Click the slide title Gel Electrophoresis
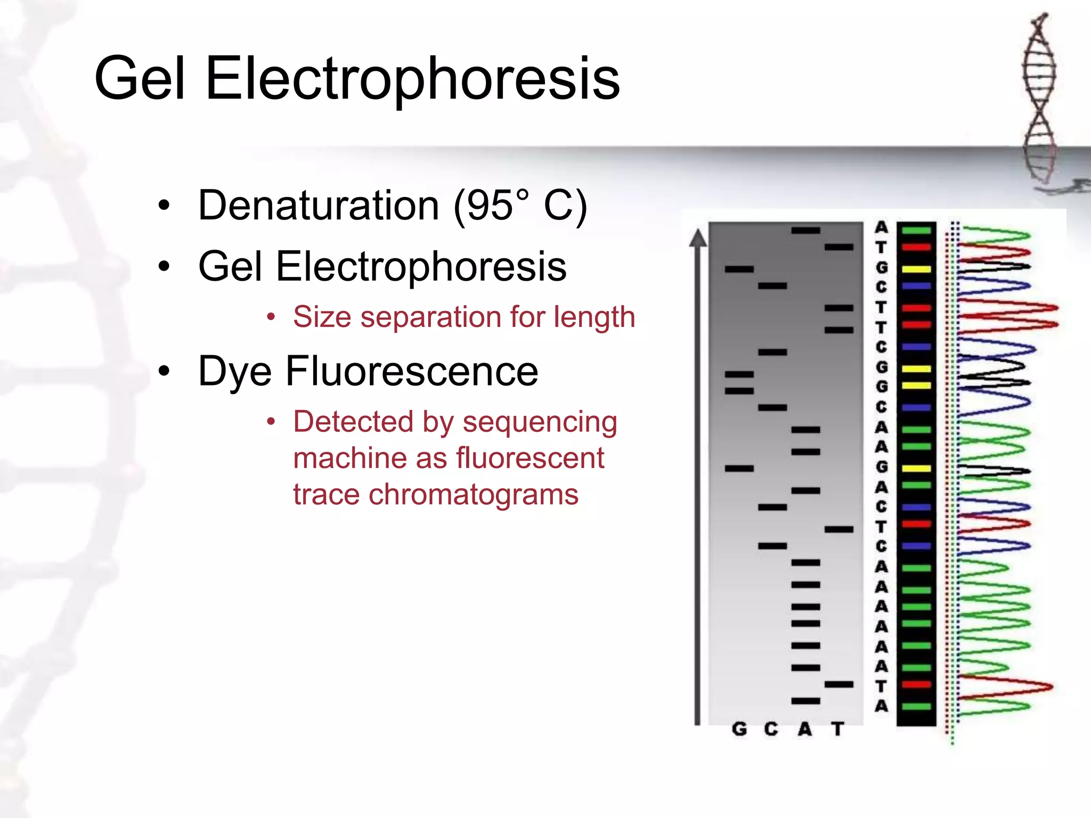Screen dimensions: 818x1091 point(357,79)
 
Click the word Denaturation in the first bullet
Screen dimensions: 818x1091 point(318,206)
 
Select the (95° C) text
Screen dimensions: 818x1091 point(520,206)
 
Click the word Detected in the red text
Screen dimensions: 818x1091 point(353,422)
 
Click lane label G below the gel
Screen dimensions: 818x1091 point(739,729)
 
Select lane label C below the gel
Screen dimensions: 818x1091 point(771,729)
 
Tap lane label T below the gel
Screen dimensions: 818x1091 point(838,729)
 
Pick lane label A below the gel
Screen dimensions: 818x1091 point(805,729)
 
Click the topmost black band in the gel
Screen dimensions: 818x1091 point(805,231)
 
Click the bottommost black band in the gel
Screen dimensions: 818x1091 point(805,701)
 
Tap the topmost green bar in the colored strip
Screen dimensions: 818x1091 point(916,231)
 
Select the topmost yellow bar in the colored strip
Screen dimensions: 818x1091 point(916,269)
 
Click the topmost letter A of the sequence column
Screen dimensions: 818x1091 point(882,227)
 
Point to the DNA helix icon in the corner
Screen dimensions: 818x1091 point(1039,101)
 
